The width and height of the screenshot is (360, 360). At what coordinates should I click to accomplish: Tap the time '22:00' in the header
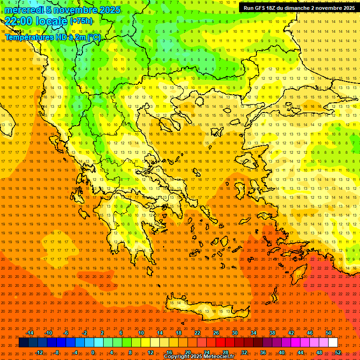point(19,21)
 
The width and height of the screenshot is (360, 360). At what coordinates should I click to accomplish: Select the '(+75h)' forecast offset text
point(81,21)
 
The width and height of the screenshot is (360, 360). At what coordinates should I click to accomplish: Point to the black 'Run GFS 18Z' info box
point(299,7)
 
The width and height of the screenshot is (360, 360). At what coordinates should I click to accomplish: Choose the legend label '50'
point(329,333)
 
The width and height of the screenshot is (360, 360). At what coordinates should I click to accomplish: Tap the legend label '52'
point(338,352)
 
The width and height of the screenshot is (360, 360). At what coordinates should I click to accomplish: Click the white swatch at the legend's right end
point(333,343)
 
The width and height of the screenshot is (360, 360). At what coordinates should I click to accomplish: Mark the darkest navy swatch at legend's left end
point(23,343)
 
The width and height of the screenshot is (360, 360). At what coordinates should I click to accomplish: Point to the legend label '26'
point(216,333)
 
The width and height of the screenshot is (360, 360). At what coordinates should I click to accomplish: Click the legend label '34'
point(254,333)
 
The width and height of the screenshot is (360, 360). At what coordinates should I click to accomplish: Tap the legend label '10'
point(141,333)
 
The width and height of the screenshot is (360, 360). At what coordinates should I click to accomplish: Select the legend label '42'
point(291,333)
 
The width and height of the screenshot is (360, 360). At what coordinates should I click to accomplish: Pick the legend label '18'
point(179,333)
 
